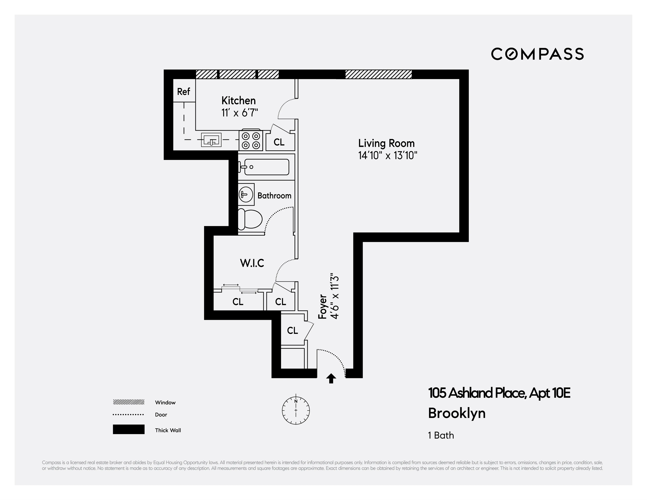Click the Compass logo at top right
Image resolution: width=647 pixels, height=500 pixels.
point(537,54)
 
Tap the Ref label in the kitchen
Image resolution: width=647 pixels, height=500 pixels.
point(183,92)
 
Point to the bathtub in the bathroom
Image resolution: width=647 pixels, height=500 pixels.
point(264,167)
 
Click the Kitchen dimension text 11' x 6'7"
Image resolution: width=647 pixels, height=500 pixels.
point(240,113)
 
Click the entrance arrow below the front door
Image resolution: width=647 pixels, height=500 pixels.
point(331,379)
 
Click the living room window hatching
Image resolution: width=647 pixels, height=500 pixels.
point(378,74)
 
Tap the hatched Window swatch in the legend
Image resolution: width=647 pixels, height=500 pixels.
point(129,402)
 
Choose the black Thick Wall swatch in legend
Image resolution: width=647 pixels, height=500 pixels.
point(129,429)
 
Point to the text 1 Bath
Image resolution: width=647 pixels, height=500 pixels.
point(441,435)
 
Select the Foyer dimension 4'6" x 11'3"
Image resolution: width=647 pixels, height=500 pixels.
point(335,296)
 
